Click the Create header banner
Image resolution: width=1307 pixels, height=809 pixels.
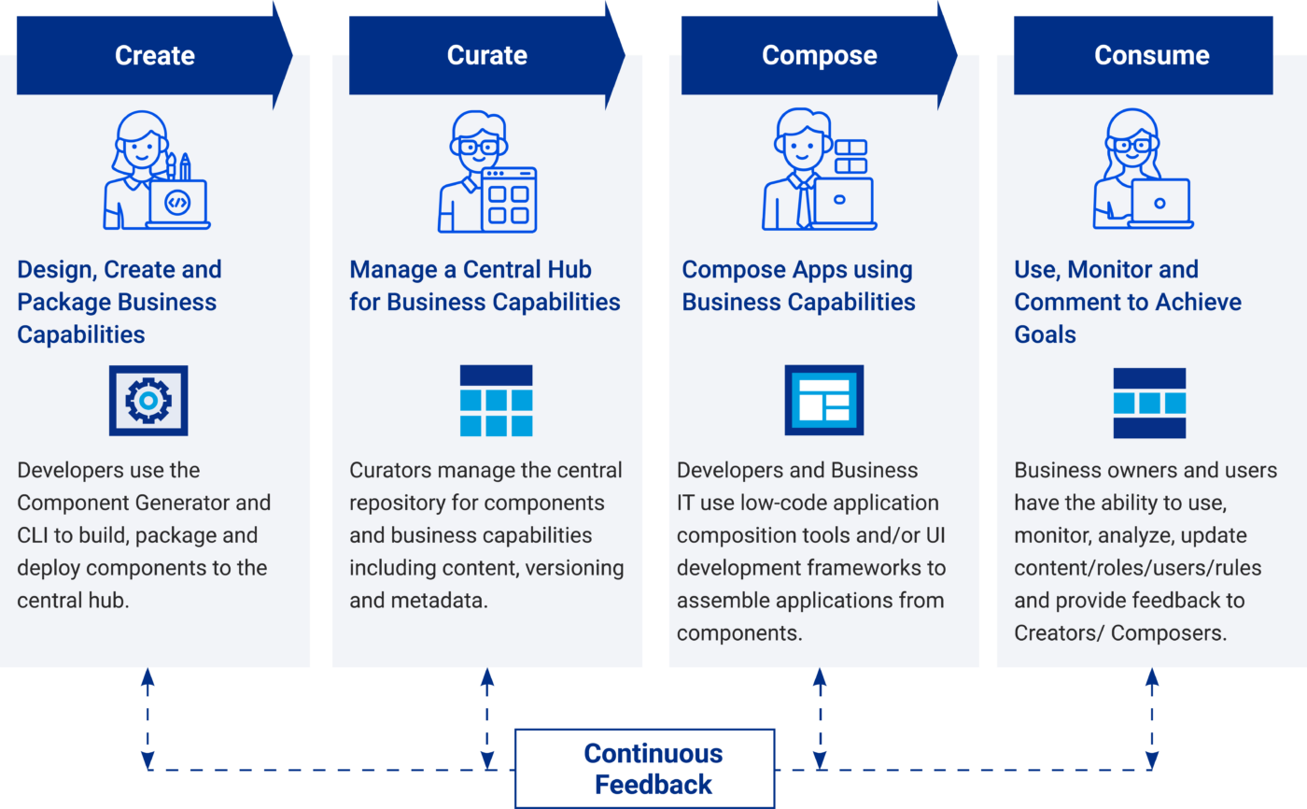(154, 55)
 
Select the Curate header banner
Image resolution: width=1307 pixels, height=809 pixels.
(486, 55)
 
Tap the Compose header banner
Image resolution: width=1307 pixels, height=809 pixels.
(819, 55)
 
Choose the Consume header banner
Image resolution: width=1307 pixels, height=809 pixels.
(1151, 55)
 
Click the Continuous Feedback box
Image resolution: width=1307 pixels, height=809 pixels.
(645, 768)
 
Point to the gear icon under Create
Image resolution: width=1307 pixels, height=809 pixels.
(148, 401)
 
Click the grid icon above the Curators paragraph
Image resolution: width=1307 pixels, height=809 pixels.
(497, 401)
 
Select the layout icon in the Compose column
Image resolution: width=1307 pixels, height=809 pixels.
(824, 401)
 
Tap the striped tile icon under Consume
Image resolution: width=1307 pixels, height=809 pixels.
(1149, 403)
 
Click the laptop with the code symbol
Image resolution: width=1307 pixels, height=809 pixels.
(176, 203)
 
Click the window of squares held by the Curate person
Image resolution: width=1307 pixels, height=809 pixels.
(509, 200)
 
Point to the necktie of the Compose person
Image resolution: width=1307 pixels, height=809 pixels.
(803, 204)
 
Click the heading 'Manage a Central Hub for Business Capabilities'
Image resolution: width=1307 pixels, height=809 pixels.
(485, 286)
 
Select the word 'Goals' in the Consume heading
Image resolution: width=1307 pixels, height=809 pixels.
(1045, 334)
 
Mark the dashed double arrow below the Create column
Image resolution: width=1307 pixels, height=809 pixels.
(148, 719)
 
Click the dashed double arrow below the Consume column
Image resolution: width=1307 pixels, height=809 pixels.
(1152, 719)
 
